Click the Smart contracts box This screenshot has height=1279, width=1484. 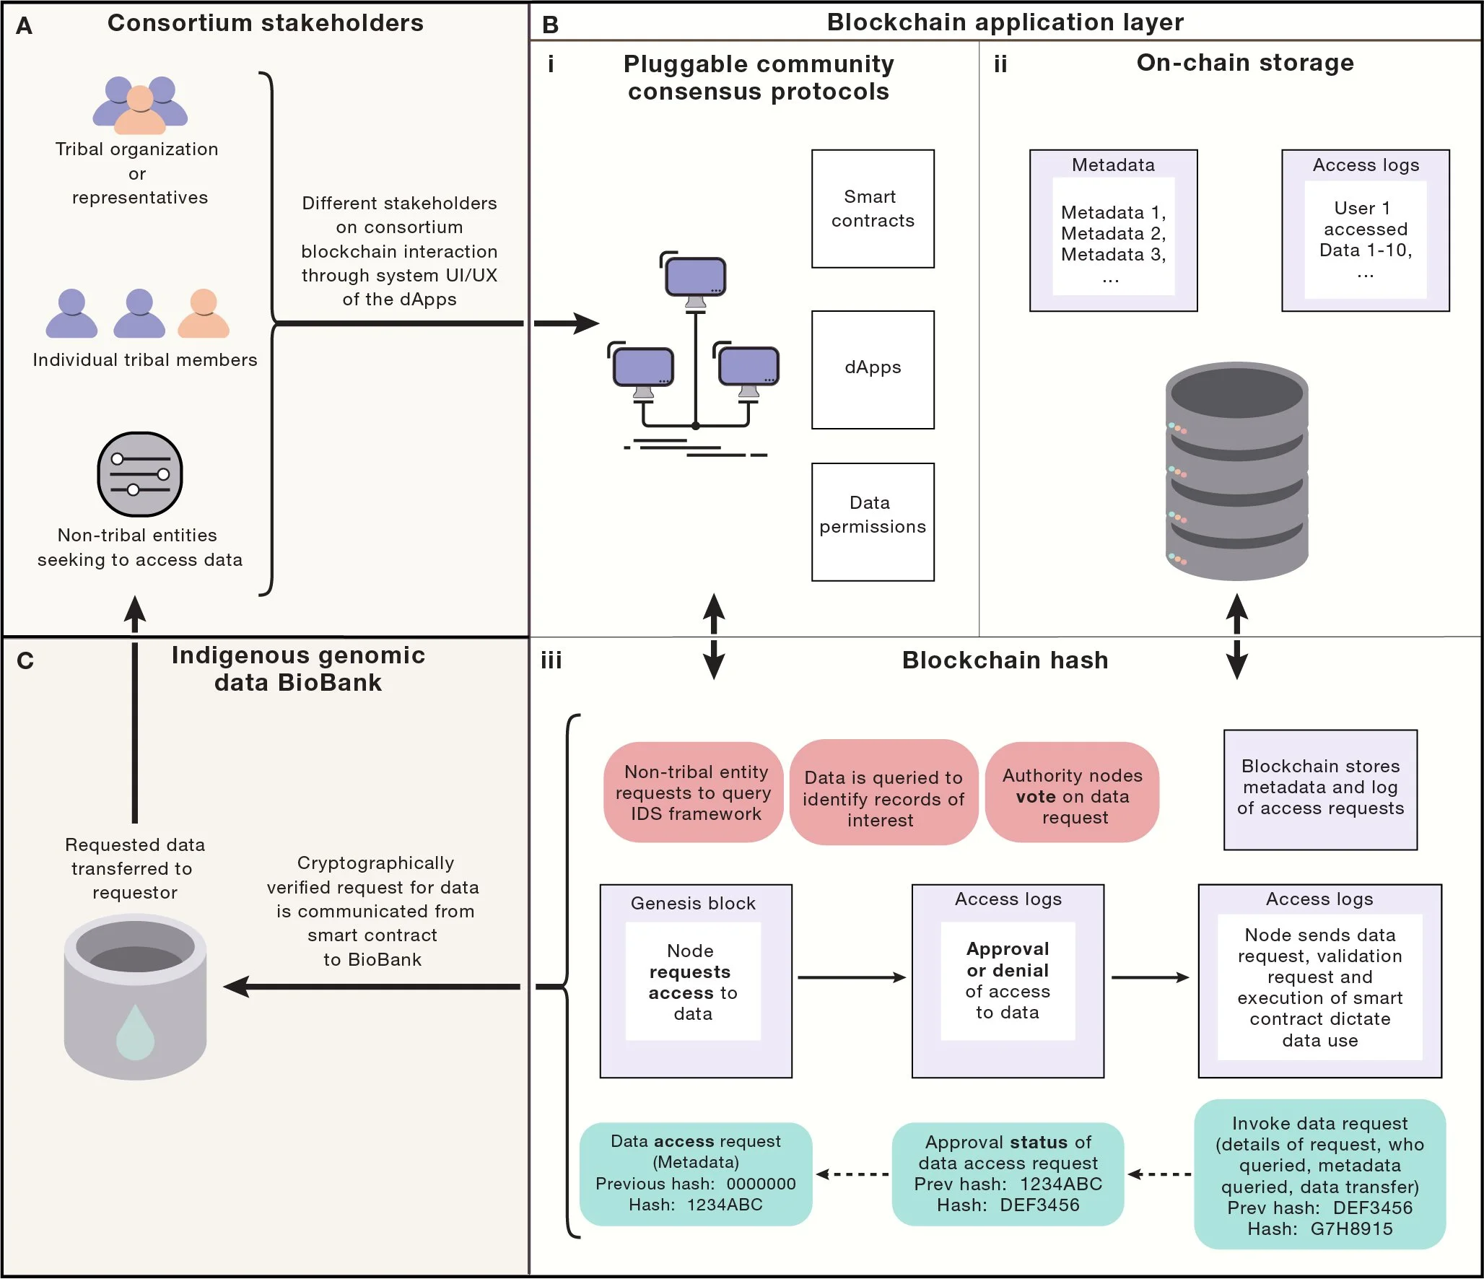click(x=872, y=209)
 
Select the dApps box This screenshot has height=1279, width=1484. click(x=872, y=369)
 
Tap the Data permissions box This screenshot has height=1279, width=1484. click(x=872, y=521)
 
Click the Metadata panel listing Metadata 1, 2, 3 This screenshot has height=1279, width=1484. click(x=1112, y=231)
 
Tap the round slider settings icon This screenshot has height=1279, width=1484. click(x=139, y=474)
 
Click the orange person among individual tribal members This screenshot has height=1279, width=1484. click(x=204, y=314)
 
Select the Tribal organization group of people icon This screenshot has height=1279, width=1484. click(x=140, y=105)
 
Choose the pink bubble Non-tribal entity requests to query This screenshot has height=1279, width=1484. click(x=694, y=793)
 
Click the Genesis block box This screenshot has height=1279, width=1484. click(x=695, y=980)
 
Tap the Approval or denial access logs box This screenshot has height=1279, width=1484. click(x=1007, y=980)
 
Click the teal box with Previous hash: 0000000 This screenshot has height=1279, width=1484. click(x=695, y=1173)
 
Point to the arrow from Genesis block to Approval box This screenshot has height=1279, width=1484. click(x=851, y=977)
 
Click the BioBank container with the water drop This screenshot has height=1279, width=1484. click(x=135, y=997)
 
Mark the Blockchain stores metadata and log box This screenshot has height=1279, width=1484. click(x=1319, y=789)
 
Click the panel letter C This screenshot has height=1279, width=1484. click(x=25, y=660)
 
